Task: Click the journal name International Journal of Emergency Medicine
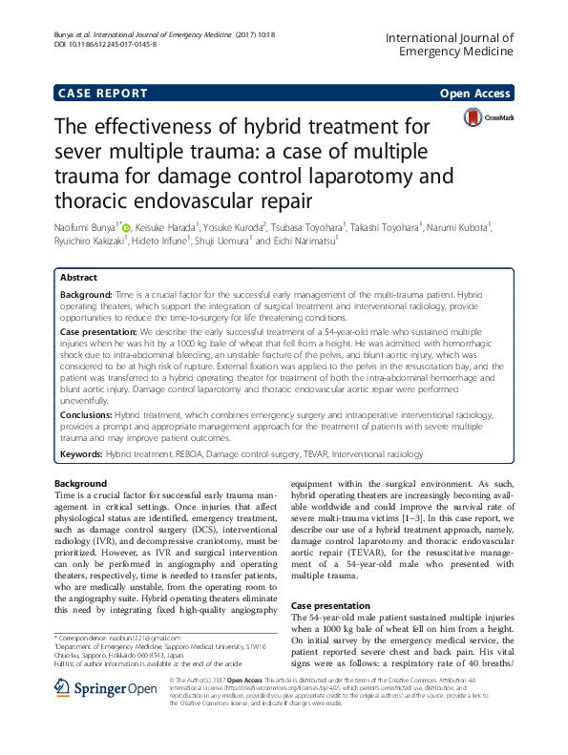pos(450,46)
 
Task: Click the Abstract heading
pos(78,277)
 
